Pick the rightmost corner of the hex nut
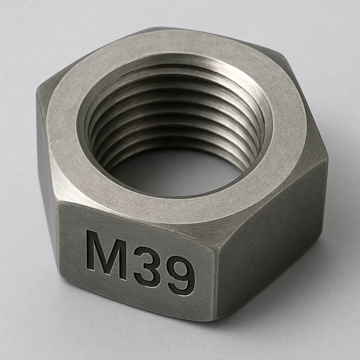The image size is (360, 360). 327,158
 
